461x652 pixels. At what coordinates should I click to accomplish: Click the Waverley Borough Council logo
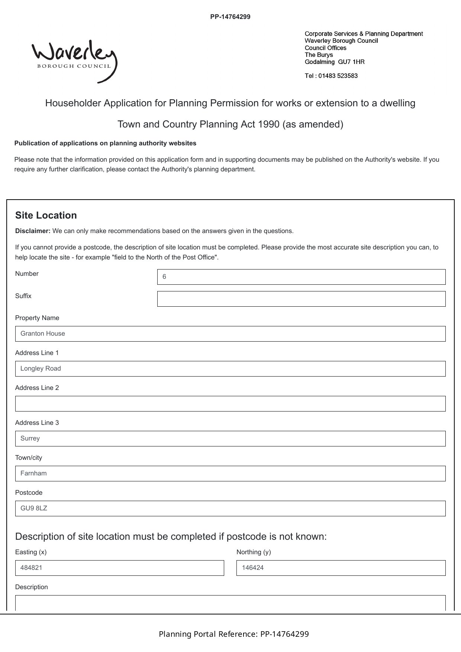[x=74, y=60]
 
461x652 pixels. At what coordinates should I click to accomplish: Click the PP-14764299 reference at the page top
[x=230, y=17]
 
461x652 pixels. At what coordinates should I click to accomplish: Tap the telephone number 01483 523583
[x=338, y=76]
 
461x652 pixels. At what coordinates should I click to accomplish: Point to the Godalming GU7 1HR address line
[x=334, y=62]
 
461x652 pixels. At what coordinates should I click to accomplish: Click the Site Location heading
[x=46, y=216]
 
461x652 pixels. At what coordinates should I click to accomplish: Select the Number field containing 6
[x=301, y=277]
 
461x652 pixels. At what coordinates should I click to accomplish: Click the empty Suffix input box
[x=301, y=299]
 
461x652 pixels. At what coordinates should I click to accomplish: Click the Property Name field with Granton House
[x=230, y=334]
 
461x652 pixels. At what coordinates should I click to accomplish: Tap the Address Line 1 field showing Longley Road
[x=230, y=369]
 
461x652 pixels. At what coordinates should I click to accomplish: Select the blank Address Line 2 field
[x=230, y=404]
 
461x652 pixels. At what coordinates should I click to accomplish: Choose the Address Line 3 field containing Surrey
[x=230, y=439]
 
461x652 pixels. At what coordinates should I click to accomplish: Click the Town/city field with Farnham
[x=230, y=474]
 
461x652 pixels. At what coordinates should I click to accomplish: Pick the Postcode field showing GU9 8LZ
[x=230, y=509]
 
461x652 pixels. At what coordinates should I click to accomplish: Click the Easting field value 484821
[x=119, y=568]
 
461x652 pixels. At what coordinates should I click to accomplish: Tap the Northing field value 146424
[x=341, y=568]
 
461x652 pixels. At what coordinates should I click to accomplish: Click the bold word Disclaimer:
[x=33, y=231]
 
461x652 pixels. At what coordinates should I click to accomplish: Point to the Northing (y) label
[x=254, y=552]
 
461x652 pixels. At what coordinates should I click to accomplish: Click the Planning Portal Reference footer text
[x=233, y=634]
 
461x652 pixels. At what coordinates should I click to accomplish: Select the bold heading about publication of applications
[x=105, y=143]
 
